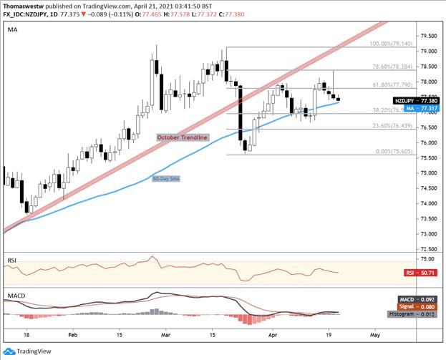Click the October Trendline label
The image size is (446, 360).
(183, 137)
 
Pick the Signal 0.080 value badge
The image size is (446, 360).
(414, 306)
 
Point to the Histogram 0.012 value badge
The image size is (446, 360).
(411, 313)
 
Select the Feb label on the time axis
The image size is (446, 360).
(73, 334)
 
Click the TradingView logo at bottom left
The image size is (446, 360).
(32, 350)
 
